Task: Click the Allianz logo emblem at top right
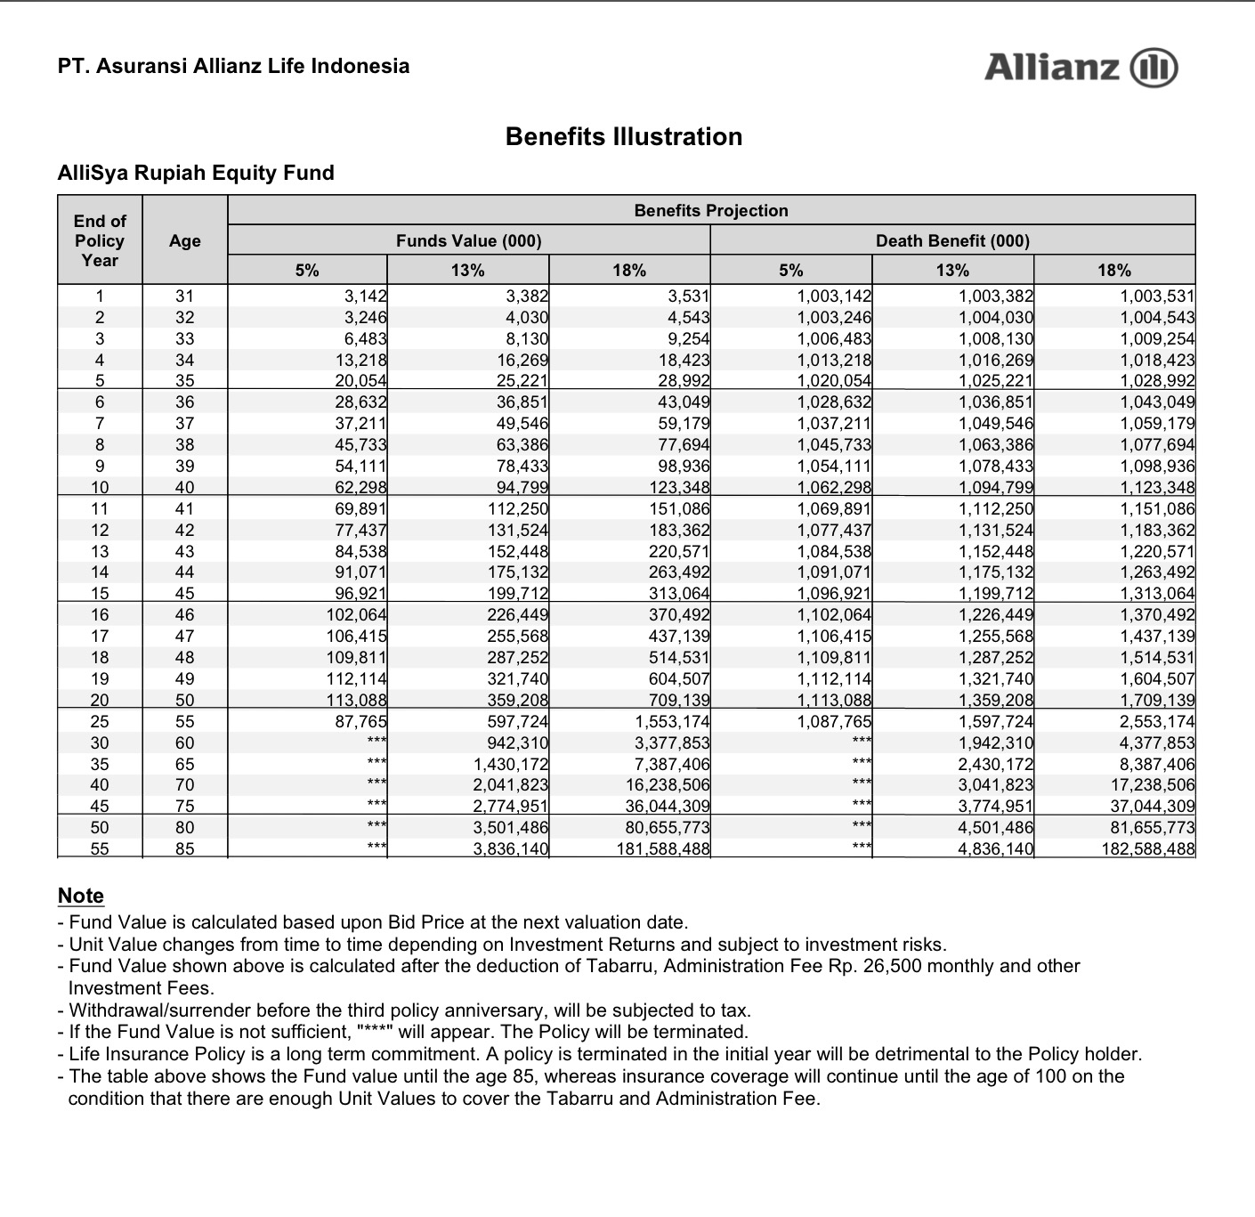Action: pos(1154,68)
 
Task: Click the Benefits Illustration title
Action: pos(623,136)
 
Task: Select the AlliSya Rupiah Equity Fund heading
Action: pos(196,173)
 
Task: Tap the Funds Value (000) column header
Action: pos(468,240)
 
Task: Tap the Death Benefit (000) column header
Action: pos(952,240)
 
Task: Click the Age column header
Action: pos(185,240)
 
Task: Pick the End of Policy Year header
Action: pos(100,240)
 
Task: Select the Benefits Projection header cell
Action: pos(711,210)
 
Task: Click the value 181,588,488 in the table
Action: pos(663,848)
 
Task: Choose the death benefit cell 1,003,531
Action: pos(1157,296)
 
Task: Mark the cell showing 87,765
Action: pos(360,721)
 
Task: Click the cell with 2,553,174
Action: pos(1157,721)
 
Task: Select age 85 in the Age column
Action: pos(184,848)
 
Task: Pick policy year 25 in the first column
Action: pos(100,721)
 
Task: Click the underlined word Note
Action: pos(80,896)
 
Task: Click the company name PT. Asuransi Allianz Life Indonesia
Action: pos(233,66)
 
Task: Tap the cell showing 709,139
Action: pos(680,700)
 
